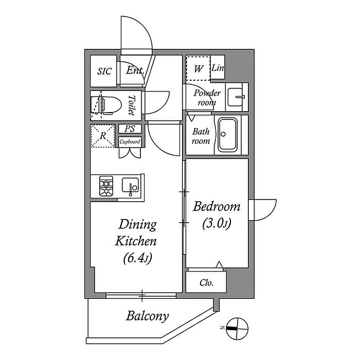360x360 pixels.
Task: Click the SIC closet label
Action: point(104,71)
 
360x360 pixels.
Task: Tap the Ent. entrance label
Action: point(135,70)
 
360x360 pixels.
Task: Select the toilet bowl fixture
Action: point(106,105)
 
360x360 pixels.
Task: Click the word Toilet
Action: point(132,105)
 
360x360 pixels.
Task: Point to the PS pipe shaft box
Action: point(130,129)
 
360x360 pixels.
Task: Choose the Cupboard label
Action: point(130,141)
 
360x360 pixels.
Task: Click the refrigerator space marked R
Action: point(103,136)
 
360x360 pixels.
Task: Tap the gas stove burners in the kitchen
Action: point(106,186)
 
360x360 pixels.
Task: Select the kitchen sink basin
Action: point(131,185)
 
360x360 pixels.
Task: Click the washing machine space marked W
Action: point(198,68)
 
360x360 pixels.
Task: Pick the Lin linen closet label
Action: point(218,68)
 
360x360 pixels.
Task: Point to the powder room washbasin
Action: point(236,97)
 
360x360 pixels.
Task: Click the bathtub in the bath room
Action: point(227,135)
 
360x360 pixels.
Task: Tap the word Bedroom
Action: point(217,206)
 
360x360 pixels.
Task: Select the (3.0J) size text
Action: point(217,223)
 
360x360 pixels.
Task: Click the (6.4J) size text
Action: point(138,258)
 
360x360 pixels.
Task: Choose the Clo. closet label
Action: point(207,283)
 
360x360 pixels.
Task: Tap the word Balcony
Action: point(148,316)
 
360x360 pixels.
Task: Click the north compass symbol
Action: point(237,329)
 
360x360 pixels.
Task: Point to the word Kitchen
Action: point(136,241)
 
